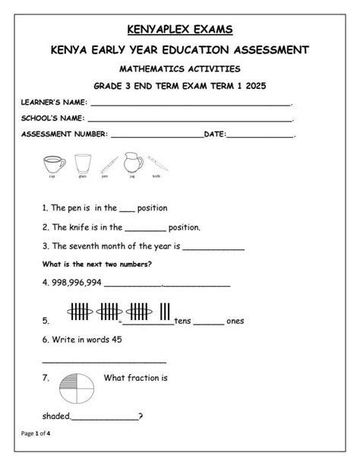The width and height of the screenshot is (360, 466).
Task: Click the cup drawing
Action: (52, 163)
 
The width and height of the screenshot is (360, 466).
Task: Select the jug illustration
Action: (133, 163)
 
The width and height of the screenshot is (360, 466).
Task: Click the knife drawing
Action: (157, 163)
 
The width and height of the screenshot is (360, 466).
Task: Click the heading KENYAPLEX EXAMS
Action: (180, 30)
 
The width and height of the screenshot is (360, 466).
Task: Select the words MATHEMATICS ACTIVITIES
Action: (180, 68)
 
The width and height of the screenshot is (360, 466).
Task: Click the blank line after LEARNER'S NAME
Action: (190, 104)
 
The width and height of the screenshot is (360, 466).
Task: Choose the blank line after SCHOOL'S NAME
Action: (190, 120)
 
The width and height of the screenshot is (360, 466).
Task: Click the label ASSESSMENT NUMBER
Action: (65, 135)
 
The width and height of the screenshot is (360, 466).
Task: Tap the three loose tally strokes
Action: (164, 312)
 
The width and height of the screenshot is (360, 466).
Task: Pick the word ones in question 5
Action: (235, 321)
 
